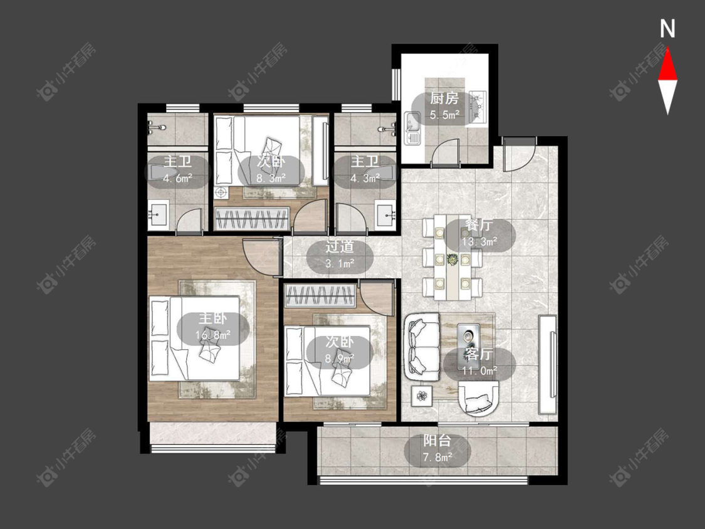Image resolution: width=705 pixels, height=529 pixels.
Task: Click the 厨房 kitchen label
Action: (x=444, y=98)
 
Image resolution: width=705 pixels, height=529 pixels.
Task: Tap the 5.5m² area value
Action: (x=444, y=115)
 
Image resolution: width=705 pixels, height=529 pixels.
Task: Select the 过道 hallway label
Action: (x=340, y=246)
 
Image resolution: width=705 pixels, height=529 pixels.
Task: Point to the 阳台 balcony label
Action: (x=437, y=441)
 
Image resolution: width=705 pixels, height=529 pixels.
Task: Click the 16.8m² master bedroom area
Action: (x=213, y=335)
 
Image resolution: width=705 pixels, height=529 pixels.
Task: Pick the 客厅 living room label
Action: (x=479, y=354)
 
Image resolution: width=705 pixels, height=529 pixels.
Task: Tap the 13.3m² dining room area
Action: (x=479, y=241)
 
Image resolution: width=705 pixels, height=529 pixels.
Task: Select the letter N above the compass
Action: (x=667, y=29)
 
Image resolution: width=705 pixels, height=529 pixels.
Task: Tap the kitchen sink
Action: (x=412, y=128)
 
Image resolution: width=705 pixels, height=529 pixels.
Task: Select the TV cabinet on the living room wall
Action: (x=548, y=365)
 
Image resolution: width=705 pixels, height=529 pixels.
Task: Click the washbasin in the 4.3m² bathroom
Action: (x=385, y=215)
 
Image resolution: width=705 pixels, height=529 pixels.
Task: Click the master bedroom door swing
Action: (x=260, y=256)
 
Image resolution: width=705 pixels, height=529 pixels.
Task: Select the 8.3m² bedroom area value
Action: (x=271, y=179)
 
